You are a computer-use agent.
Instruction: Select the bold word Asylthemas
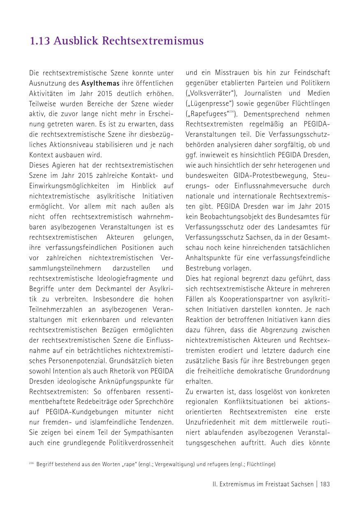pos(100,83)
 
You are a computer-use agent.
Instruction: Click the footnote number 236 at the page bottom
pos(31,463)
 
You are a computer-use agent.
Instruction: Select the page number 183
pos(325,484)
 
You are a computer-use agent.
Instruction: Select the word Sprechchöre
pos(154,402)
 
